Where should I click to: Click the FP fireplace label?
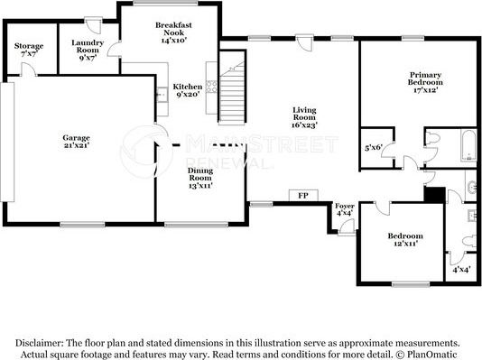pos(303,196)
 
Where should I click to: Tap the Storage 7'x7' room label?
pos(29,50)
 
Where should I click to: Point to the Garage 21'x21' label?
pos(76,142)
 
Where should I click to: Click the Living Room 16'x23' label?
pos(304,117)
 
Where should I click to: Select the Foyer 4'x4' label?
pos(345,209)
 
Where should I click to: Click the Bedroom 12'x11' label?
pos(405,240)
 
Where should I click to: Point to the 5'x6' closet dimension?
pos(373,148)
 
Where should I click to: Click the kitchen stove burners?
pos(211,87)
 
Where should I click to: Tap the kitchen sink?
pos(162,95)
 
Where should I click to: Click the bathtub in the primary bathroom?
pos(468,145)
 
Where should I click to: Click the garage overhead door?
pos(7,142)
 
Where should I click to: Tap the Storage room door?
pos(28,69)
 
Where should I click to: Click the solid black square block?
pos(435,195)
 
